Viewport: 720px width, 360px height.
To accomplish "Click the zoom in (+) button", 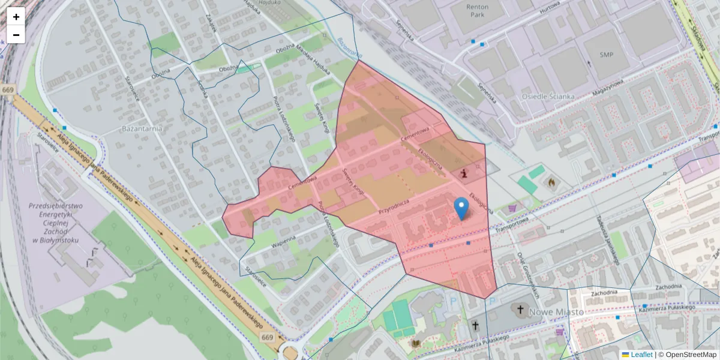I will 16,17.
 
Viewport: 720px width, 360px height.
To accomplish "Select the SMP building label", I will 607,55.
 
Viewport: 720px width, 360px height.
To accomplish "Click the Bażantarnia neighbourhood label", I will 143,128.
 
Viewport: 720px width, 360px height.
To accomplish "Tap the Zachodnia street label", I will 604,293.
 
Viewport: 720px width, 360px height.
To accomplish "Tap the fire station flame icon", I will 551,181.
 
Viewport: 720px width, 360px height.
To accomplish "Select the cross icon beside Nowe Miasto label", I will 520,310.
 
